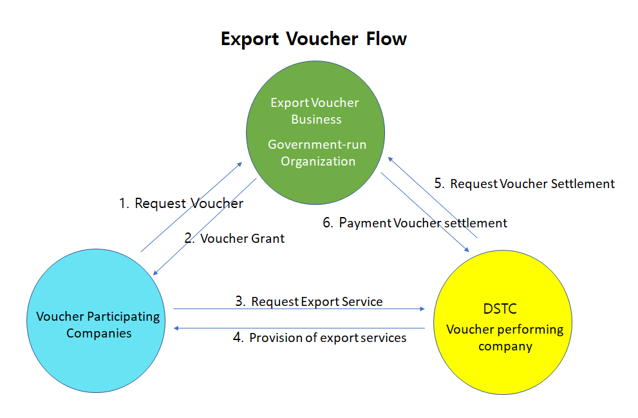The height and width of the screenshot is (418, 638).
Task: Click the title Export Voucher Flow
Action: [x=314, y=39]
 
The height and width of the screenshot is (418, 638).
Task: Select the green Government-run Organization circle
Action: [x=315, y=133]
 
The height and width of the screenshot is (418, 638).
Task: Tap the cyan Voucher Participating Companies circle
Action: [x=96, y=321]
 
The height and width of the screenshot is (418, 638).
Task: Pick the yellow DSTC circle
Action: [x=503, y=322]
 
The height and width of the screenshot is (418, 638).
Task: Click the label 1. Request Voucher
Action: [x=181, y=203]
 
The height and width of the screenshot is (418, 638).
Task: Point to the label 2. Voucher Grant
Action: [x=234, y=238]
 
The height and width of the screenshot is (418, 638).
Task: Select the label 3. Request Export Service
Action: [x=309, y=301]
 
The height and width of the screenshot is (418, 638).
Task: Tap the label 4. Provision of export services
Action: [x=319, y=337]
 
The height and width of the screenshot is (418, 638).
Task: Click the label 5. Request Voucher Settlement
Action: [x=525, y=184]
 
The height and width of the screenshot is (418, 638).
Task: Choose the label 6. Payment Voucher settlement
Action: [x=415, y=223]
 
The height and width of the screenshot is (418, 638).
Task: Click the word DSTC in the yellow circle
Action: [x=500, y=309]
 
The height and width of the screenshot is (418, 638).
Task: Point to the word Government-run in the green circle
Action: [x=317, y=144]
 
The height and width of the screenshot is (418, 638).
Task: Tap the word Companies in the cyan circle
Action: [x=99, y=334]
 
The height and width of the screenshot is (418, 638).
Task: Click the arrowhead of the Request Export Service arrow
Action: [x=422, y=309]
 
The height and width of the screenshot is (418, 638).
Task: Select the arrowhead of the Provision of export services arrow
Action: [x=176, y=328]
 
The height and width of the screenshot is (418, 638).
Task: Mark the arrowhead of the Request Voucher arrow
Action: [x=239, y=164]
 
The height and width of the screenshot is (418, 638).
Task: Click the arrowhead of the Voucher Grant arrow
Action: [x=155, y=272]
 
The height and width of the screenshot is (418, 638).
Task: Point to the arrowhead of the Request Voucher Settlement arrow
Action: [x=390, y=160]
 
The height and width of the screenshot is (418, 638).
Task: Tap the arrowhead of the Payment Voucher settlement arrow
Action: [x=466, y=249]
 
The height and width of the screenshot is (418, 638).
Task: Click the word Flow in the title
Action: [x=386, y=39]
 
